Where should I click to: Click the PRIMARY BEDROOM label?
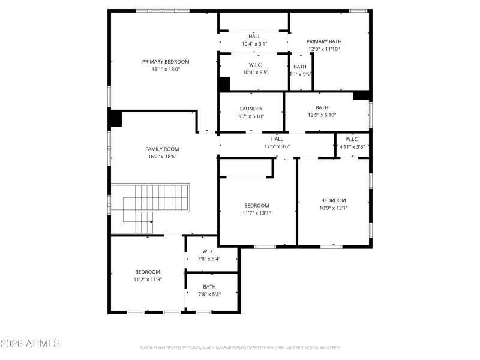click(x=166, y=62)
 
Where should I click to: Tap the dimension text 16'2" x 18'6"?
click(x=163, y=157)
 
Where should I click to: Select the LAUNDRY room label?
click(x=251, y=109)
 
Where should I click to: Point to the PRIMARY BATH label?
click(x=323, y=41)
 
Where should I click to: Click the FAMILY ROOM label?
click(x=162, y=149)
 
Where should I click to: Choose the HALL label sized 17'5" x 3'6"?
click(x=277, y=139)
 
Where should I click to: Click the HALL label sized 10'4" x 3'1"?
click(x=254, y=36)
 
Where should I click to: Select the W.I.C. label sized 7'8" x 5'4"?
click(x=209, y=251)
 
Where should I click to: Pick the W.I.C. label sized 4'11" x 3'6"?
click(x=352, y=139)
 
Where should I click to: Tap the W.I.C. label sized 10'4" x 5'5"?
click(x=255, y=64)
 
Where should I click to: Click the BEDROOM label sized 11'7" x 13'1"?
click(x=256, y=205)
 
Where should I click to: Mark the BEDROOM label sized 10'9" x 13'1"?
click(x=333, y=200)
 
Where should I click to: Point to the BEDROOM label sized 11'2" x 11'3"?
click(x=148, y=271)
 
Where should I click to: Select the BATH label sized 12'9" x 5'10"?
click(x=322, y=107)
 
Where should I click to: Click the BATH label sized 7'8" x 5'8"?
click(x=209, y=286)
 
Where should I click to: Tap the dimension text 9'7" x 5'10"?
click(x=251, y=116)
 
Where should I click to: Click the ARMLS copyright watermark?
click(x=30, y=344)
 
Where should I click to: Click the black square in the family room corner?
click(x=115, y=118)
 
